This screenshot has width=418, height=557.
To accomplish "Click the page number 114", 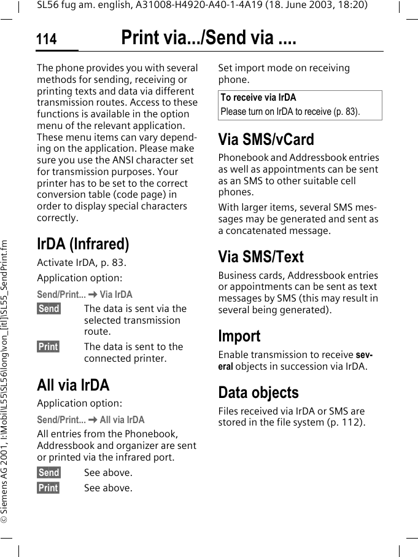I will point(46,40).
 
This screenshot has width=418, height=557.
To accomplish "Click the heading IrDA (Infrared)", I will point(83,244).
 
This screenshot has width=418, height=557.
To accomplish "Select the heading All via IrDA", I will point(73,385).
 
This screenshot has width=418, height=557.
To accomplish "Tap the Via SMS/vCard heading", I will point(266,139).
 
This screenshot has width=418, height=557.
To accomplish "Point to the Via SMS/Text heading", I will point(261,257).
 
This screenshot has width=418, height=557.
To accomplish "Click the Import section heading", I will point(239,336).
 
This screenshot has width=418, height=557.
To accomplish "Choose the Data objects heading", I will point(258,392).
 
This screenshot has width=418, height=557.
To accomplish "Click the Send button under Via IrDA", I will point(48,309).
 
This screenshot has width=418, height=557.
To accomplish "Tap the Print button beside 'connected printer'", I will point(48,347).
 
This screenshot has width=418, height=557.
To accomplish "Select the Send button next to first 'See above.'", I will point(48,473).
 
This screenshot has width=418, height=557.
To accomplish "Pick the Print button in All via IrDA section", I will point(48,488).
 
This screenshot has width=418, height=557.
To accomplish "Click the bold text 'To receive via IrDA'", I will point(258,98).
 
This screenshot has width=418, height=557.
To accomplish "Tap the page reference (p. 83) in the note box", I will point(346,112).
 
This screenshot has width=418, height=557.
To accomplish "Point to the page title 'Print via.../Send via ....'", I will point(209,39).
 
